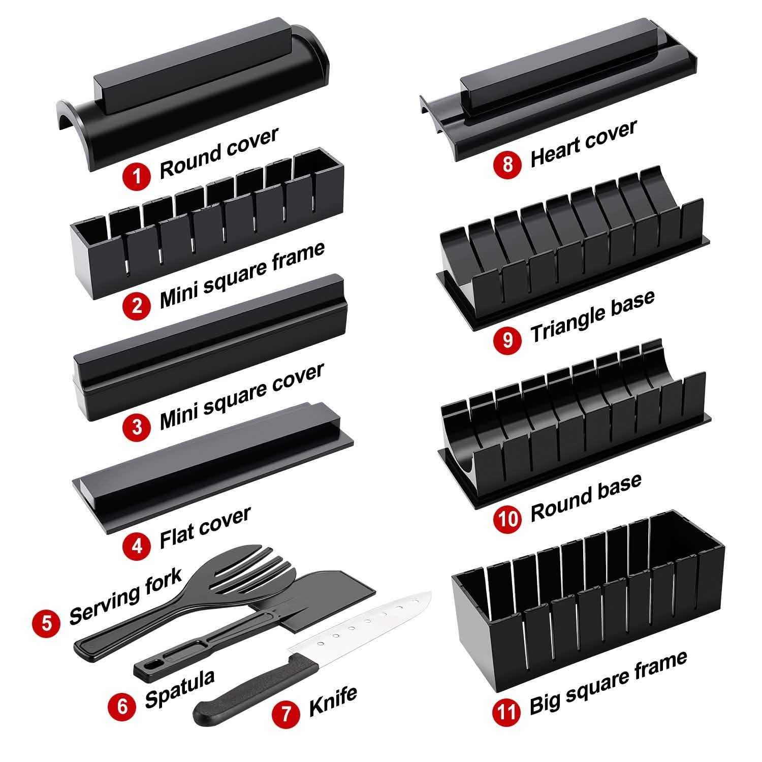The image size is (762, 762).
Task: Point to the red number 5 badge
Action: coord(47,621)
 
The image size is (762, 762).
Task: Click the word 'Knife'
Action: coord(333,702)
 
